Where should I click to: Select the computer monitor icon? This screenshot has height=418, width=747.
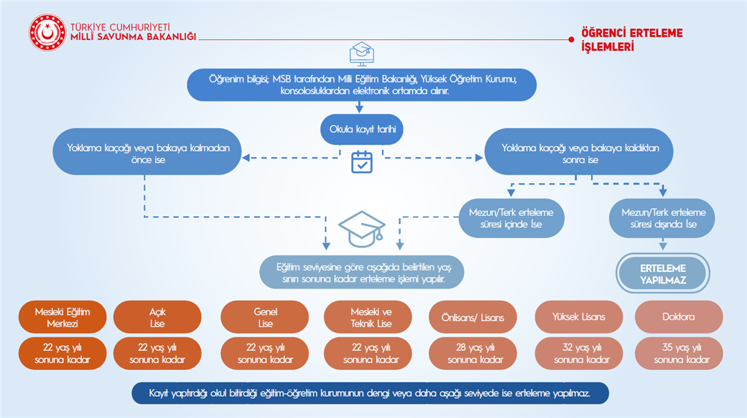pos(362,53)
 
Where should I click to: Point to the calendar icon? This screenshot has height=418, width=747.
pos(362,161)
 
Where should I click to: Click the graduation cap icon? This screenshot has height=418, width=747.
pos(363,228)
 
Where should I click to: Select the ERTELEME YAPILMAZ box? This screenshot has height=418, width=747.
pos(663,273)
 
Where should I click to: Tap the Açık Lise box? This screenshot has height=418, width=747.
pos(157,317)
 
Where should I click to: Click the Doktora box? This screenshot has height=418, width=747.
pos(678,317)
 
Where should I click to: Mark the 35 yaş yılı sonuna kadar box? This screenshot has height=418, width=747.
pos(678,353)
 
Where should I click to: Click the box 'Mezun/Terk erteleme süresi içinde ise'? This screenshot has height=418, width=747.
pos(511,217)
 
